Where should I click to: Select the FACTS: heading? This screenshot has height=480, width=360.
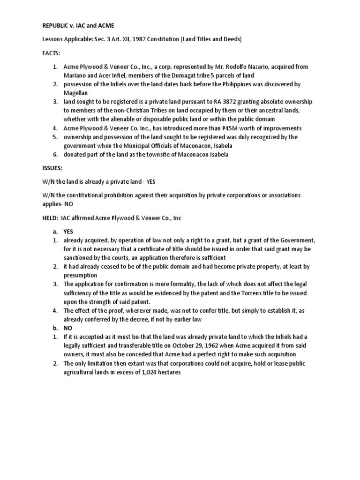(x=51, y=54)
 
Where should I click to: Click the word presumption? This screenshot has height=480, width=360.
(x=81, y=275)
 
